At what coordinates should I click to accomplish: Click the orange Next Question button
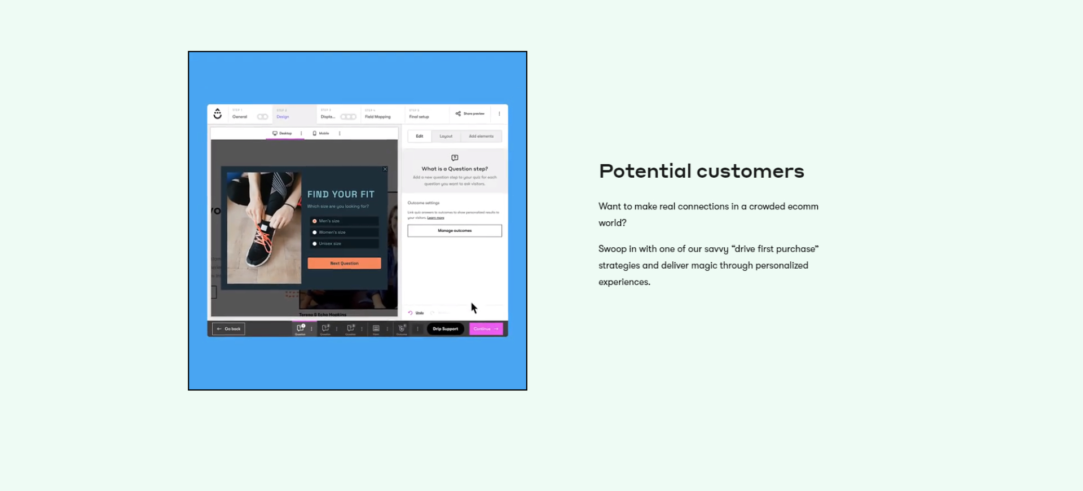click(x=344, y=263)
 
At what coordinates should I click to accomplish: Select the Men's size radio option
click(x=315, y=221)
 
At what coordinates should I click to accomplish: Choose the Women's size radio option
click(x=315, y=233)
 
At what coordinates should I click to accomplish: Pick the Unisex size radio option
click(x=315, y=244)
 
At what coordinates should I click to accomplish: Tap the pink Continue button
click(x=486, y=329)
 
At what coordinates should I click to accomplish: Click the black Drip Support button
click(x=445, y=329)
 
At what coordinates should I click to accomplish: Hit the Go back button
click(x=228, y=329)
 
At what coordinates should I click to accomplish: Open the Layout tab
click(x=446, y=136)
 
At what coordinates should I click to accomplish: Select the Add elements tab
click(x=481, y=136)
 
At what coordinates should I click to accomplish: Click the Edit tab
click(x=419, y=136)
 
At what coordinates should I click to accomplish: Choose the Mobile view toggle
click(x=321, y=134)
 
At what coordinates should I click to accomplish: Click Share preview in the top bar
click(x=470, y=114)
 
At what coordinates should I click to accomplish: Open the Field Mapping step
click(x=377, y=116)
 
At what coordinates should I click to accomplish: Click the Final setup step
click(x=419, y=116)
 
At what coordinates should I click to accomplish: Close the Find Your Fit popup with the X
click(x=385, y=169)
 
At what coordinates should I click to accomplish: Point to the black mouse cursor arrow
click(x=474, y=308)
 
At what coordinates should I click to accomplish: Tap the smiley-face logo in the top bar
click(x=218, y=114)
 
